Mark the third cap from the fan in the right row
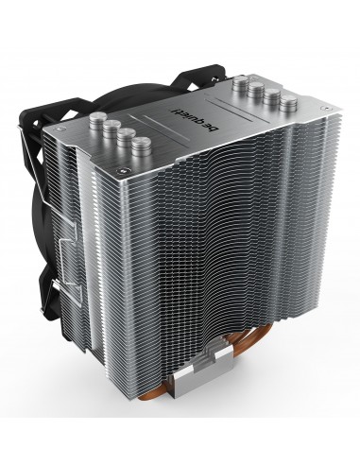pos(269,98)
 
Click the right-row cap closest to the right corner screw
pos(285,106)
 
